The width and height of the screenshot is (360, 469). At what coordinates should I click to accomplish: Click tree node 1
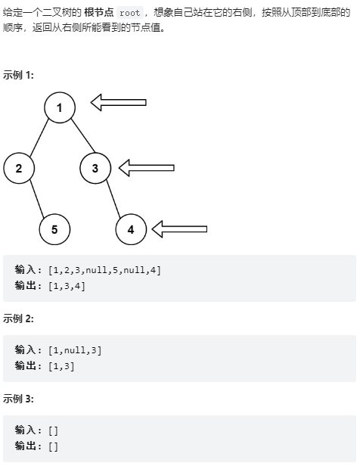[x=60, y=107]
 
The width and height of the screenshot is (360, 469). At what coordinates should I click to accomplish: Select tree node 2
[x=19, y=168]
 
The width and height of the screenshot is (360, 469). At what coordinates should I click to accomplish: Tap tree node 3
[x=95, y=168]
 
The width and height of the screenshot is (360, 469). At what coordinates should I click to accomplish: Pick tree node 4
[x=131, y=229]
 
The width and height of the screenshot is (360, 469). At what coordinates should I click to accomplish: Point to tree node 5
[x=54, y=229]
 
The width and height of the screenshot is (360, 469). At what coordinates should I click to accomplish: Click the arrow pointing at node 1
[x=119, y=102]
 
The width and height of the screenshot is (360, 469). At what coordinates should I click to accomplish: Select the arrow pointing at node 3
[x=147, y=168]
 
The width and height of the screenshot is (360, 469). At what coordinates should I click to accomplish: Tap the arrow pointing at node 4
[x=179, y=229]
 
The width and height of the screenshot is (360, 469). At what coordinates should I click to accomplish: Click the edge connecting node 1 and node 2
[x=39, y=138]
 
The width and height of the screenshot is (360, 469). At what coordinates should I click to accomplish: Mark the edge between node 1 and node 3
[x=83, y=135]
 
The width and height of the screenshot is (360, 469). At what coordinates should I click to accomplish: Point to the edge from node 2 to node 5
[x=37, y=198]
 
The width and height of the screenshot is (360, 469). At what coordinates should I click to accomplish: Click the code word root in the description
[x=130, y=13]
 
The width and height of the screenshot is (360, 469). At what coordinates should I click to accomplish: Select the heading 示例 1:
[x=18, y=75]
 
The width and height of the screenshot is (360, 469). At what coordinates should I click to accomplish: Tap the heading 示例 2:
[x=18, y=319]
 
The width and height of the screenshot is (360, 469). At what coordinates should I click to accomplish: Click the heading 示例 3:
[x=18, y=399]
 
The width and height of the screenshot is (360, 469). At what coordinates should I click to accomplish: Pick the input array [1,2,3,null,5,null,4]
[x=104, y=270]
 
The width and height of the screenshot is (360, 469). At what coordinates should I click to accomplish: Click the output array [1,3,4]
[x=67, y=286]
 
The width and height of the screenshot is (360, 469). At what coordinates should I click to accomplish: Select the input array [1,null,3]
[x=75, y=350]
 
